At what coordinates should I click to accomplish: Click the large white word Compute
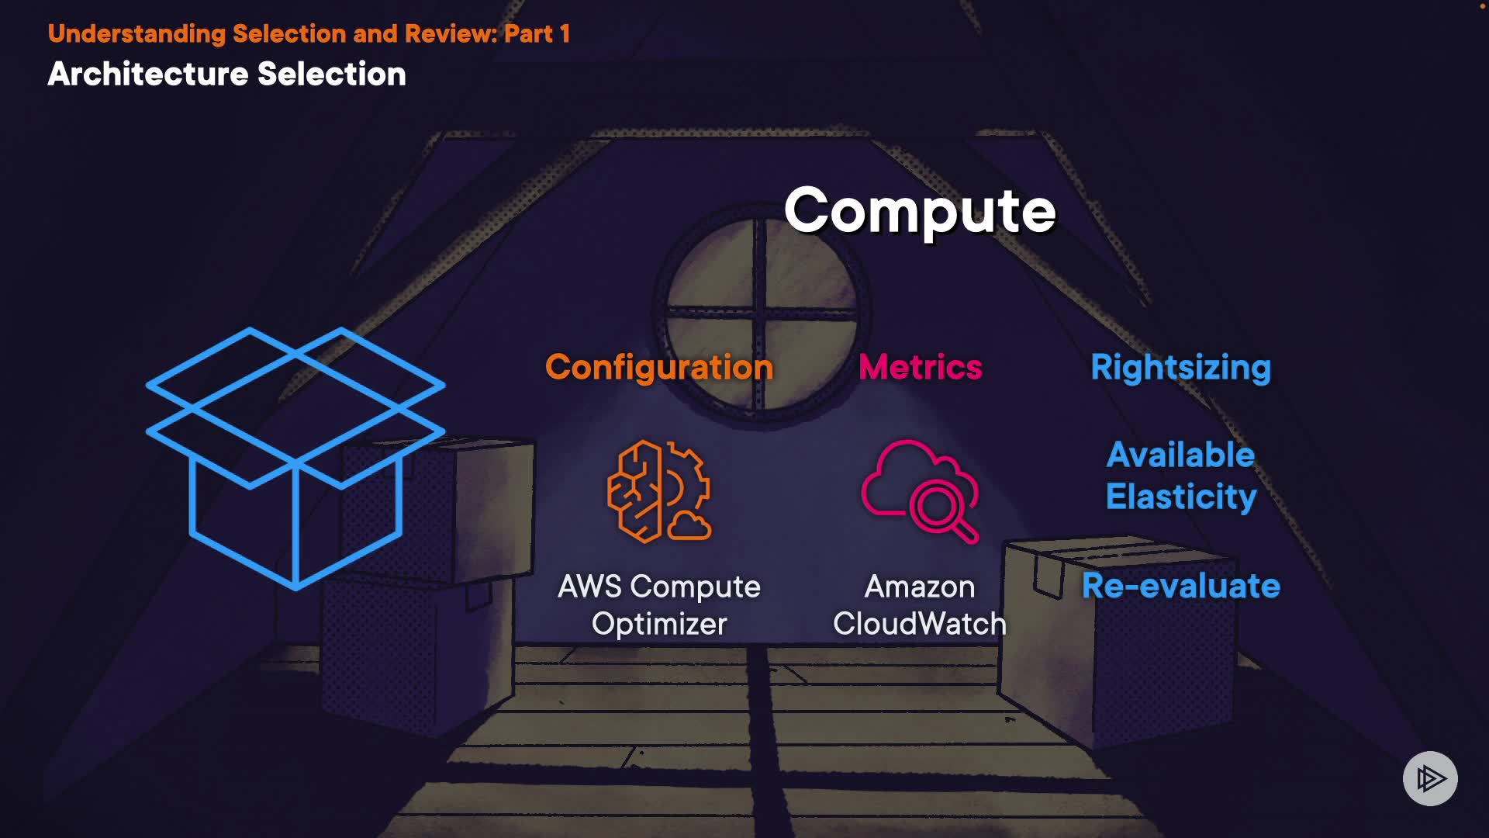(x=920, y=210)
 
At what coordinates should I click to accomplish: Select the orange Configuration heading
(x=659, y=367)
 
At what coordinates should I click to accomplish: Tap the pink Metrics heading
(x=921, y=367)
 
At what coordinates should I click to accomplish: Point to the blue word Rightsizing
(x=1180, y=367)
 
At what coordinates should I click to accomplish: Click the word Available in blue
(x=1180, y=455)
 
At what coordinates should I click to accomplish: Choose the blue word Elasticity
(x=1180, y=497)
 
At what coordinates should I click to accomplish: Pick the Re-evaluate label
(x=1180, y=586)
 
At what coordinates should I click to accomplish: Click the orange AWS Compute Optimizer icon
(x=658, y=491)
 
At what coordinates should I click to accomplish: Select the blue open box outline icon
(x=295, y=458)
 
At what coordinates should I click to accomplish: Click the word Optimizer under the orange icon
(x=659, y=624)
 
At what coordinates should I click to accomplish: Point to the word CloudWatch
(x=920, y=624)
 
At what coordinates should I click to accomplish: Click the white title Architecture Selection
(x=226, y=74)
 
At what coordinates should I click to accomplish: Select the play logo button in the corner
(x=1430, y=778)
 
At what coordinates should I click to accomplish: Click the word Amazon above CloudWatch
(x=920, y=587)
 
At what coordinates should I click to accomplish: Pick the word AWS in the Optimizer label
(x=589, y=587)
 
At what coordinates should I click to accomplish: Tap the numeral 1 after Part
(x=565, y=33)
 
